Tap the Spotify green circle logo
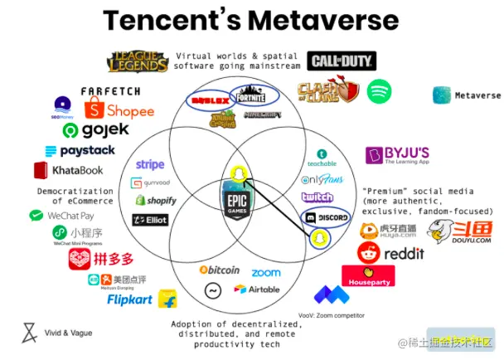(379, 90)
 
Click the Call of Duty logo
(342, 61)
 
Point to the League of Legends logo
(138, 61)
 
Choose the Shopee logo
(120, 109)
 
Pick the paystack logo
(80, 151)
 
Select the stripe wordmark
(150, 164)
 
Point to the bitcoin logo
(220, 270)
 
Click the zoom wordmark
(266, 272)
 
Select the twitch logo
(317, 197)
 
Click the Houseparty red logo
(368, 275)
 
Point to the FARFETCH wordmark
(110, 90)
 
